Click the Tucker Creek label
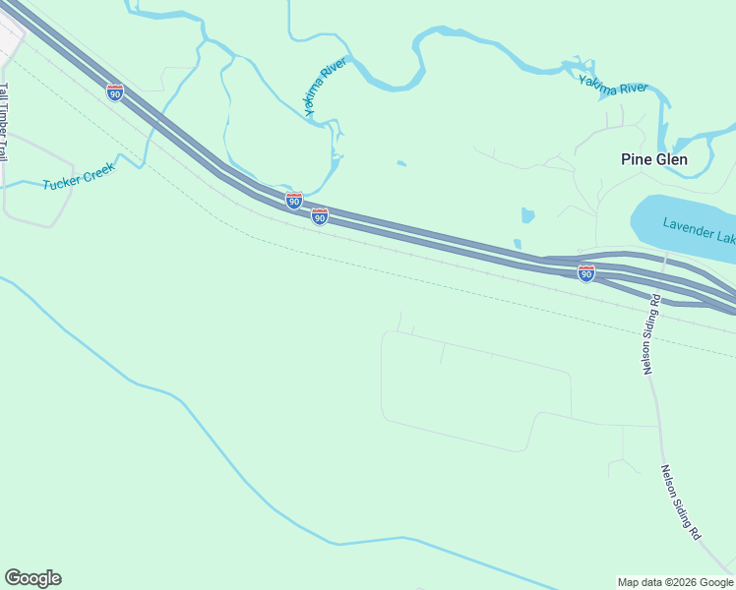pyautogui.click(x=79, y=175)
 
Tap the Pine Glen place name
pyautogui.click(x=653, y=159)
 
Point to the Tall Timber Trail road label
pyautogui.click(x=5, y=122)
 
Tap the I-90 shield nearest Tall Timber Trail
pyautogui.click(x=115, y=92)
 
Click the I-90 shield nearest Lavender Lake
pyautogui.click(x=586, y=273)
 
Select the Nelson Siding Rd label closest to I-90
pyautogui.click(x=648, y=332)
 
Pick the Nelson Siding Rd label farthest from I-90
pyautogui.click(x=680, y=501)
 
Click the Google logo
pyautogui.click(x=32, y=578)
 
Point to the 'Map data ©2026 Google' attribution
pyautogui.click(x=675, y=582)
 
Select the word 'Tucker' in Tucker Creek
pyautogui.click(x=61, y=181)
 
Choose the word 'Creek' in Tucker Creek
pyautogui.click(x=99, y=168)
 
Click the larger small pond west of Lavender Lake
pyautogui.click(x=527, y=215)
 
